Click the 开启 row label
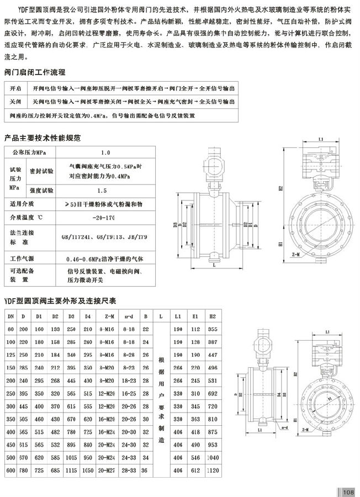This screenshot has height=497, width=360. tap(15, 88)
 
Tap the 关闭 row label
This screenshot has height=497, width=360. tap(15, 102)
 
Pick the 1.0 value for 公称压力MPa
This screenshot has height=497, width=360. tap(106, 151)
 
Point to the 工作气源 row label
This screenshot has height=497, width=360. tap(22, 258)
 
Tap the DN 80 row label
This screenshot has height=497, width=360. tap(10, 329)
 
